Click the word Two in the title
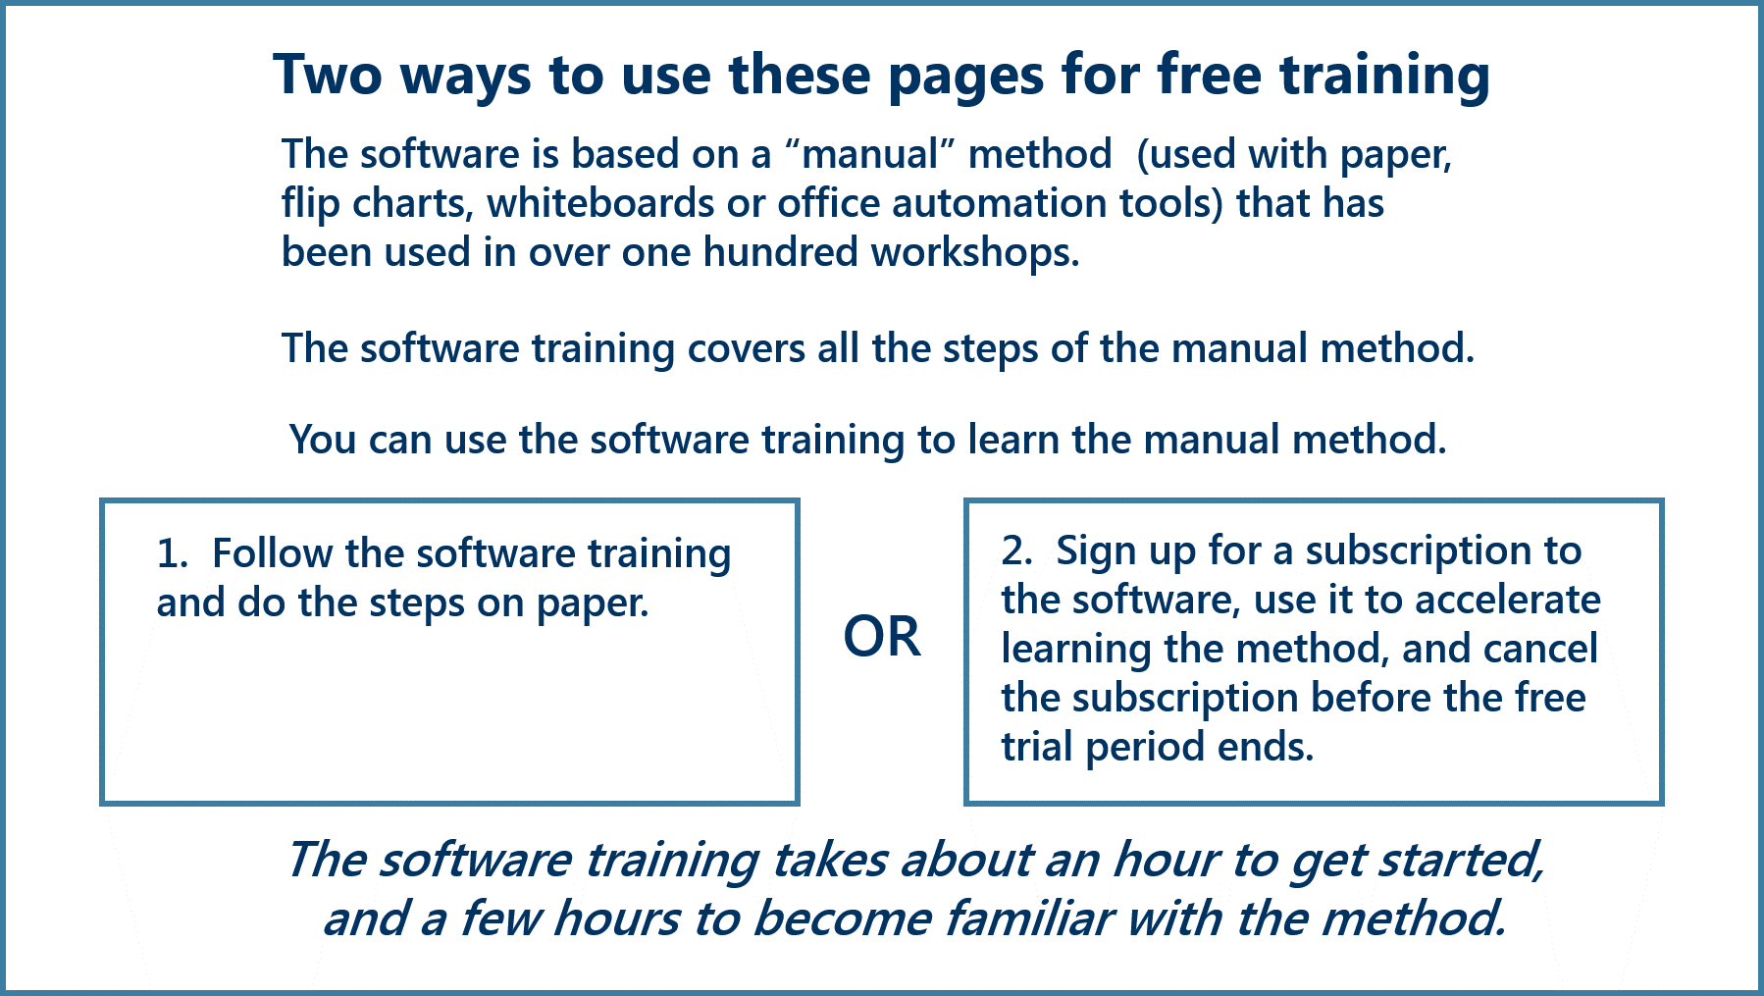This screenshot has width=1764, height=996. click(328, 75)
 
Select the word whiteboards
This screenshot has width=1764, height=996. click(600, 203)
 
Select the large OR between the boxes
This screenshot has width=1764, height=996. click(882, 637)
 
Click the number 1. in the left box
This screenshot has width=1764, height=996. click(172, 553)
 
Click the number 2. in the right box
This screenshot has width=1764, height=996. click(1017, 550)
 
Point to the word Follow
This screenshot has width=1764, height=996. click(272, 553)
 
